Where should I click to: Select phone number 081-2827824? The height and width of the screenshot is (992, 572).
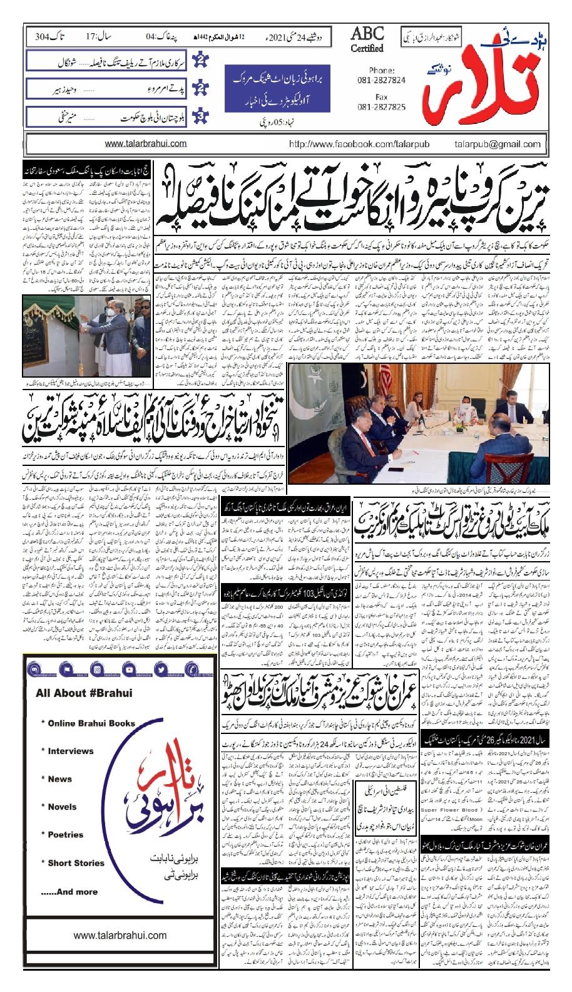tap(384, 81)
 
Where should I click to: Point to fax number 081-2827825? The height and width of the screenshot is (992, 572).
tap(384, 107)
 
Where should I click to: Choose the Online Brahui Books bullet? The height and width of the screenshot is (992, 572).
tap(91, 723)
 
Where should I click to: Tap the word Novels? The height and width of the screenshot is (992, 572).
tap(62, 807)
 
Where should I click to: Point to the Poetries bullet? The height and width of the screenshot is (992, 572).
tap(65, 835)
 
